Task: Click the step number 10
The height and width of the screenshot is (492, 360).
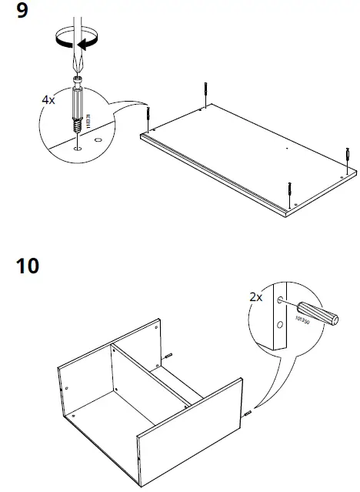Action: click(x=28, y=268)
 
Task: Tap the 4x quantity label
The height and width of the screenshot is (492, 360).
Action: click(x=49, y=100)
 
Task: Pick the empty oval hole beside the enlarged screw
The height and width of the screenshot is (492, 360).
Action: click(x=98, y=141)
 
